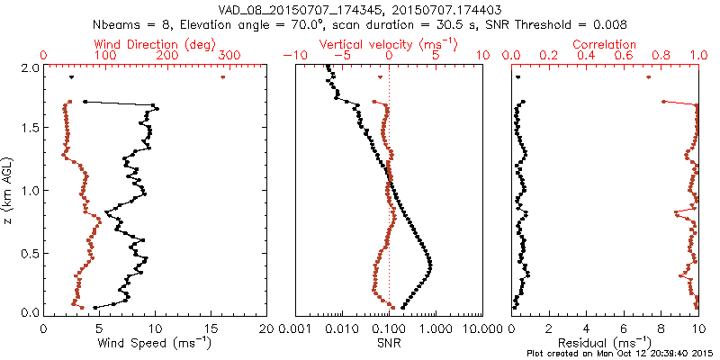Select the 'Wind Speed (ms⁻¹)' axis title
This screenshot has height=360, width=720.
point(154,342)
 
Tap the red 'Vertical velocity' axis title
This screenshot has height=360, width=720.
point(389,44)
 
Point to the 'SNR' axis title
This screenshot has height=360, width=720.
point(389,342)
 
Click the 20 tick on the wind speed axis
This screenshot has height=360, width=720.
point(266,328)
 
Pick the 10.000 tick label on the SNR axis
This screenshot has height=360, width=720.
point(483,328)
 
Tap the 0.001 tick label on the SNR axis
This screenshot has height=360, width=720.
point(295,328)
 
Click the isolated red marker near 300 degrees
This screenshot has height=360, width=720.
point(222,77)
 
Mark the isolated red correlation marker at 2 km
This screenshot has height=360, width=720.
point(649,77)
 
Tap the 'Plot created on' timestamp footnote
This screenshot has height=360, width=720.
point(621,354)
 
